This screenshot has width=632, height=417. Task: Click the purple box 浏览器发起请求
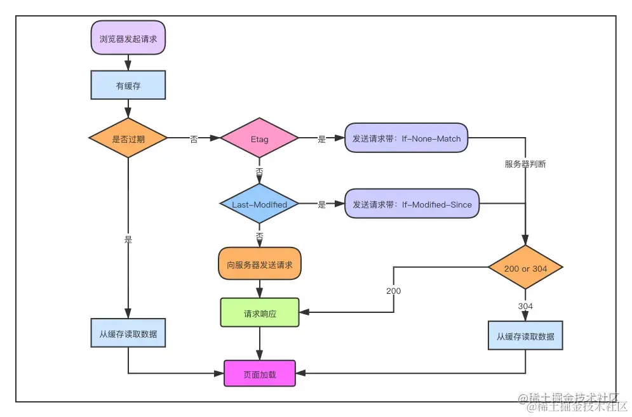coord(128,39)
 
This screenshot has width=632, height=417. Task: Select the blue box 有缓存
coord(128,85)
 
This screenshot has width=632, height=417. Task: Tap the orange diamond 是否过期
coord(128,139)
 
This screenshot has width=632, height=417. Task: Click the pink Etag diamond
coord(259,139)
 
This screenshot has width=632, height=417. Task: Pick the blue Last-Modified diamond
coord(259,204)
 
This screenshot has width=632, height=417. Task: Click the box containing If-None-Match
coord(407,138)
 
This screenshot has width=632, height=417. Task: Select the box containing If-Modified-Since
coord(412,204)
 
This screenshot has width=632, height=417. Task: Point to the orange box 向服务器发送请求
coord(260,264)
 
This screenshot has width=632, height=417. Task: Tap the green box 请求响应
coord(260,313)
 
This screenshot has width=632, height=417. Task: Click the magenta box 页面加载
coord(260,374)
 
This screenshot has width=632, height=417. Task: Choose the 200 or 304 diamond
coord(525,268)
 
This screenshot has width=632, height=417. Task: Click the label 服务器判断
coord(525,164)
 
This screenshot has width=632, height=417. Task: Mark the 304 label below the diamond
coord(525,306)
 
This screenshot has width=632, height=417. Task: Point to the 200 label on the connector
coord(393,291)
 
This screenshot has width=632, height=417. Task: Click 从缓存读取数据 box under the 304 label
coord(525,336)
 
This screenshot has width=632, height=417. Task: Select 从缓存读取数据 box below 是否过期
coord(128,333)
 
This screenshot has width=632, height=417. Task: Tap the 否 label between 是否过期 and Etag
coord(194,139)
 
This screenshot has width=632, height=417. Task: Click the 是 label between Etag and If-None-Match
coord(321,139)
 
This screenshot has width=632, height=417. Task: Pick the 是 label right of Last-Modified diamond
coord(321,204)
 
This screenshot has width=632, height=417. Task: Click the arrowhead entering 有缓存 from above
coord(128,66)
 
